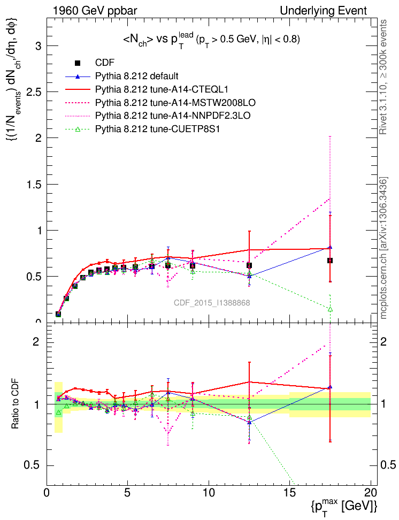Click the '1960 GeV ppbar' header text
pos(91,11)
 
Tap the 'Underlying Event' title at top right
pos(324,11)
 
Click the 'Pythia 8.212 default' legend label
pos(136,75)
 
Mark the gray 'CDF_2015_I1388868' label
pos(212,303)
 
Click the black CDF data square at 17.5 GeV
pos(330,261)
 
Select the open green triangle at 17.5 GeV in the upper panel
pos(330,309)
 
